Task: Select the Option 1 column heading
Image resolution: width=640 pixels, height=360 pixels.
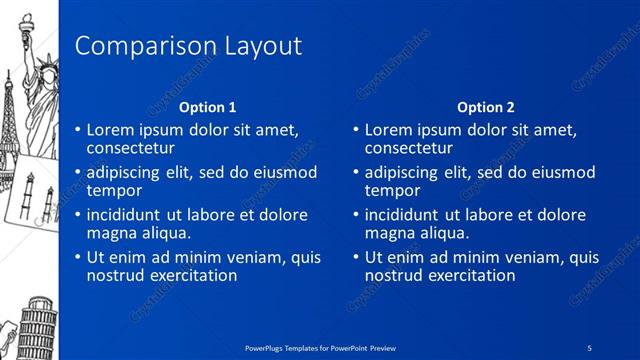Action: [208, 107]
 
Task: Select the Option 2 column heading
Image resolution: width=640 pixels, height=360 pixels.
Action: [485, 107]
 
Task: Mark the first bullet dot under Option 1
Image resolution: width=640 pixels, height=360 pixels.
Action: [78, 130]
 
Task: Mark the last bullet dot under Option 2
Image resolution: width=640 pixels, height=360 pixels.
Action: [356, 258]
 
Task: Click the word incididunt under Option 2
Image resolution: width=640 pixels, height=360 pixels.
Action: [405, 215]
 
